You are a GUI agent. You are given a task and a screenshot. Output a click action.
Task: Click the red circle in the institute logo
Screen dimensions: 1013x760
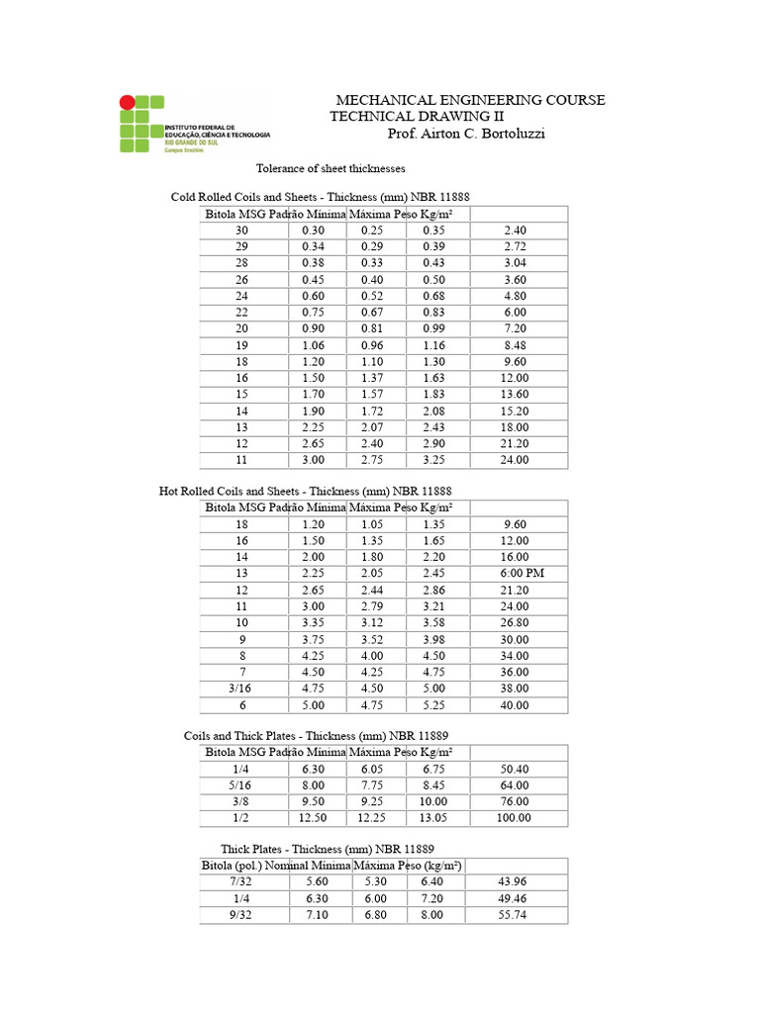(x=127, y=102)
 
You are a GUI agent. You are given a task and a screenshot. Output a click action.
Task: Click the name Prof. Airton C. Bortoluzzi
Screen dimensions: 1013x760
(x=465, y=134)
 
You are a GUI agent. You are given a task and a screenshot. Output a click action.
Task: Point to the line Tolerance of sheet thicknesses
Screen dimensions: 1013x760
(x=331, y=169)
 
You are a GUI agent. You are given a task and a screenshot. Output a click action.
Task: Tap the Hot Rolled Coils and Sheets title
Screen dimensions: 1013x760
(x=306, y=491)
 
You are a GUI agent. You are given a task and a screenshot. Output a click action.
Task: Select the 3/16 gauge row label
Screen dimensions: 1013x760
(x=241, y=689)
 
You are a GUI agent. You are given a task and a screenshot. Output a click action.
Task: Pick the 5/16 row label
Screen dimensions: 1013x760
(x=241, y=785)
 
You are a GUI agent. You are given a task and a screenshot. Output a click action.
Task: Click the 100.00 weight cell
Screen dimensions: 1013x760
(x=515, y=818)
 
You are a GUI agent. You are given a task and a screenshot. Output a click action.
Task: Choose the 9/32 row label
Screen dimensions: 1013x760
(x=241, y=915)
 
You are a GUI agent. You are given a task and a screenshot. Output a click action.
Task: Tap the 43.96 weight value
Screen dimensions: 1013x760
(x=515, y=882)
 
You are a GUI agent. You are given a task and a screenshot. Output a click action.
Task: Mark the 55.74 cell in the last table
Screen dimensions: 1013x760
(x=515, y=915)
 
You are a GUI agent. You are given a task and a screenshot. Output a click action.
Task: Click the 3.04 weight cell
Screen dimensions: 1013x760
(x=515, y=262)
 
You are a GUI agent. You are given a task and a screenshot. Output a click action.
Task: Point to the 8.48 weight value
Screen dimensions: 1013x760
(x=515, y=345)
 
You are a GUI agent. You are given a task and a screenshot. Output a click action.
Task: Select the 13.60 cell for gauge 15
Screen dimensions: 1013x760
(x=515, y=395)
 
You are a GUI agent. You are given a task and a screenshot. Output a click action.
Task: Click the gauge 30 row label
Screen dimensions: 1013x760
(x=241, y=230)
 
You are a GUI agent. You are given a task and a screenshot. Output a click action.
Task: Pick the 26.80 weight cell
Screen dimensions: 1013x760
(x=515, y=623)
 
